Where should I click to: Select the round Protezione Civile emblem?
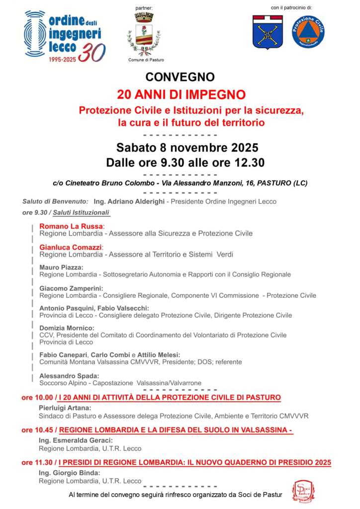point(308,32)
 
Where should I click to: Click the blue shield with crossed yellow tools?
point(268,32)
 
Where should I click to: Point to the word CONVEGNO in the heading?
point(180,77)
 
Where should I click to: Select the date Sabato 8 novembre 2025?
point(187,148)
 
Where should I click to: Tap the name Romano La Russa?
point(71,226)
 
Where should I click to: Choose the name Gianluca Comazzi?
point(71,247)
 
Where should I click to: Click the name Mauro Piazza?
point(61,267)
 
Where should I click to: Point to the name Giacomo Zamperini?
point(71,288)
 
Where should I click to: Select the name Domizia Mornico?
point(66,328)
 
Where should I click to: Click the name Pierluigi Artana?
point(65,408)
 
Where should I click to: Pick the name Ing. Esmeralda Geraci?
point(76,440)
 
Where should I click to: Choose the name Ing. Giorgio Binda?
point(69,473)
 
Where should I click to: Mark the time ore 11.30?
point(36,462)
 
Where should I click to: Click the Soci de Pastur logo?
point(301,491)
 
